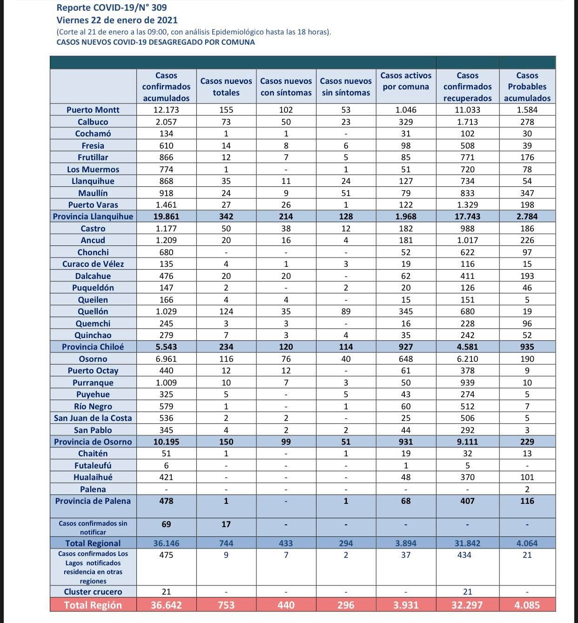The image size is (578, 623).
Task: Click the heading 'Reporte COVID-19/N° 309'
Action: (111, 7)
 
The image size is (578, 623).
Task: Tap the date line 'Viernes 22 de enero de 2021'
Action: (117, 20)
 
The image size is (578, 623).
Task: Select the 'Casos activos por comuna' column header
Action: (405, 81)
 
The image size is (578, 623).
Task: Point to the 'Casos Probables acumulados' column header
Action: (527, 87)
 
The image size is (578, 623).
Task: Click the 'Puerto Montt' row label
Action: (93, 110)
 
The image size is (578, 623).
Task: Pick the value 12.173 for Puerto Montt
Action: (166, 110)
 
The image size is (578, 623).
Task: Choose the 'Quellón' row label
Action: (93, 311)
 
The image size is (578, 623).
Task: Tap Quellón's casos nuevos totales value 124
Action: (226, 311)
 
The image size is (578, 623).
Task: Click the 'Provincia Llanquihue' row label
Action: (93, 217)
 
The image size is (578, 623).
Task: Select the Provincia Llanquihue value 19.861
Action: (166, 217)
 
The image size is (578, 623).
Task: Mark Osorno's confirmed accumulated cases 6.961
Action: (166, 359)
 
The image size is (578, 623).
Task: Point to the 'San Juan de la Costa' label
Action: (93, 418)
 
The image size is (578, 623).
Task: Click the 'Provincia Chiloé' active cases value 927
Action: (405, 347)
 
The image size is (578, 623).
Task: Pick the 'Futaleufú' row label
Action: (93, 465)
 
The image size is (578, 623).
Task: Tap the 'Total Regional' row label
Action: (93, 543)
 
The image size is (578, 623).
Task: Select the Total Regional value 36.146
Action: (166, 543)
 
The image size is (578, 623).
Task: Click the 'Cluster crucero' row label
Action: (93, 592)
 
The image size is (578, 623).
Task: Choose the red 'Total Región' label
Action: (93, 605)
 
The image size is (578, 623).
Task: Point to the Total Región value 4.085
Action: (527, 605)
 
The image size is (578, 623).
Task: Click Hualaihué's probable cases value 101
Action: (527, 477)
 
